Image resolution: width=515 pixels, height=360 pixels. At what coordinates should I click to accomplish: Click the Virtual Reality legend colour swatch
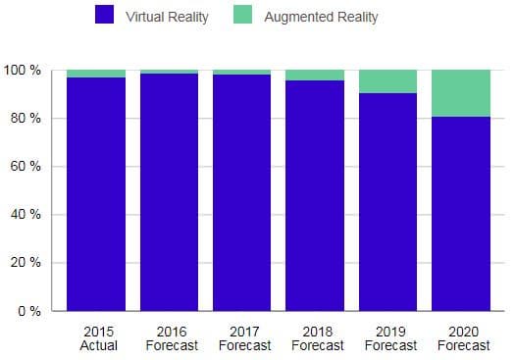[x=104, y=16]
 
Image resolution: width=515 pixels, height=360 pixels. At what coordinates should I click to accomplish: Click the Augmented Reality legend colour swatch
[x=242, y=16]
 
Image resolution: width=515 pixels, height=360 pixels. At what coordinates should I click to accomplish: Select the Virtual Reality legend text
[x=167, y=17]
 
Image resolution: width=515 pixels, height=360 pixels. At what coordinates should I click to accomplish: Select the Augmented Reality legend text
[x=321, y=17]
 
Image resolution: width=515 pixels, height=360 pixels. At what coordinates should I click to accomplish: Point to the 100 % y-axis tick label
[x=21, y=71]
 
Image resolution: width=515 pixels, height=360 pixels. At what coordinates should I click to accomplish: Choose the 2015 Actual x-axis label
[x=99, y=338]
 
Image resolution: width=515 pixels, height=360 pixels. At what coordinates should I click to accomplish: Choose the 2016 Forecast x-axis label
[x=172, y=338]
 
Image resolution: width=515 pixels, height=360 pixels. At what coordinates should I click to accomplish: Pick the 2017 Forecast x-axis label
[x=244, y=338]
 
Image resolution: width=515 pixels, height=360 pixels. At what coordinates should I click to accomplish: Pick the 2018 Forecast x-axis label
[x=318, y=338]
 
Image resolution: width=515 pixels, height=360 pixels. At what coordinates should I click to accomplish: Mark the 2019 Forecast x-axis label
[x=390, y=338]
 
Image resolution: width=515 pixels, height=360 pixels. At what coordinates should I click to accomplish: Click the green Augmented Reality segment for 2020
[x=461, y=93]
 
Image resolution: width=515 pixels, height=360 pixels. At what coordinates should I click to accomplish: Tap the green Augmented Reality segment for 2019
[x=387, y=81]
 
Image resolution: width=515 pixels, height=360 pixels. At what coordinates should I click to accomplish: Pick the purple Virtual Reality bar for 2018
[x=315, y=196]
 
